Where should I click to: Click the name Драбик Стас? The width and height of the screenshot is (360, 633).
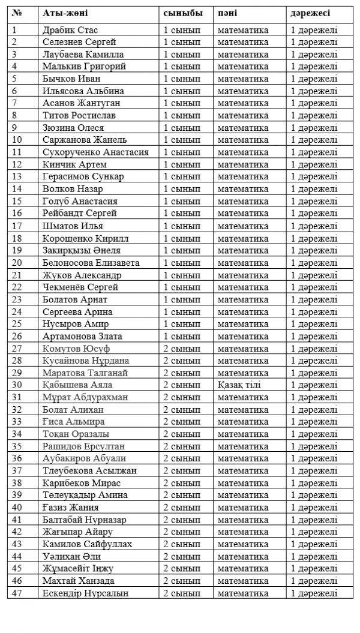coord(71,29)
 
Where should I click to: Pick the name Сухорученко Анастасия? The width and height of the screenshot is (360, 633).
coord(96,152)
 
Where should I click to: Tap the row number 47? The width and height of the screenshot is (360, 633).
coord(16,593)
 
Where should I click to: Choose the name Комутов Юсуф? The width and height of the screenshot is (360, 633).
coord(76,349)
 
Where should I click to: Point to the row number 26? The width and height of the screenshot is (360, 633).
coord(16,336)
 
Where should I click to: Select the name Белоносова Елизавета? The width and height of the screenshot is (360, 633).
coord(91,263)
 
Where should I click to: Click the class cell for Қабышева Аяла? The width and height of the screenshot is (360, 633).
coord(182,385)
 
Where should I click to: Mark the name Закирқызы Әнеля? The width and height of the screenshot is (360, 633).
coord(82,250)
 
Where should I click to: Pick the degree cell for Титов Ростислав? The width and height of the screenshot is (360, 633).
coord(314,115)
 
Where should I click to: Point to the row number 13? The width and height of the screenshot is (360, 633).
coord(16,176)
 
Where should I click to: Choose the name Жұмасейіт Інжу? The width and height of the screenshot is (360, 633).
coord(78,569)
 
